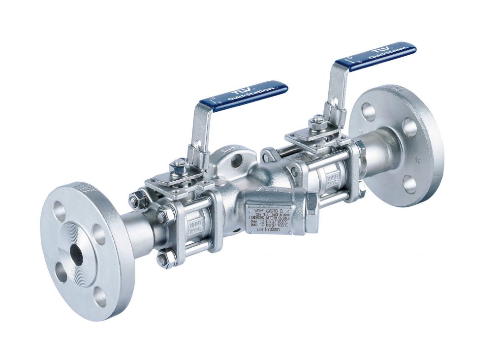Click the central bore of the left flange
point(76,254)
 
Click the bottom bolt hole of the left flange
point(100,296)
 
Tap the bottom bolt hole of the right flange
point(410,185)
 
